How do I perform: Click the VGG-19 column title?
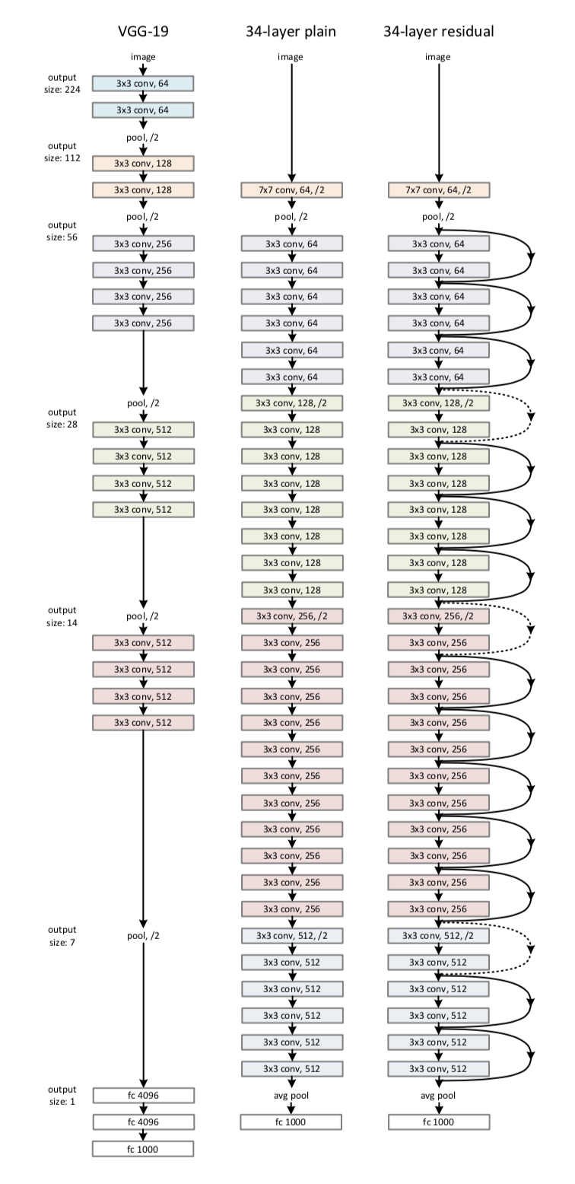tap(143, 32)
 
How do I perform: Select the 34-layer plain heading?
tap(291, 32)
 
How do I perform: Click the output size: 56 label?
tap(62, 231)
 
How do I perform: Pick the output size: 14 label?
tap(62, 616)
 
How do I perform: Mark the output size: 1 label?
tap(62, 1096)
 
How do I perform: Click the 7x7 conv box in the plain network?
tap(291, 190)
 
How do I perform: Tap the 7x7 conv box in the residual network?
tap(439, 190)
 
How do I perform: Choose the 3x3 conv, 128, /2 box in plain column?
tap(291, 403)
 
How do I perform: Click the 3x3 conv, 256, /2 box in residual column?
tap(439, 616)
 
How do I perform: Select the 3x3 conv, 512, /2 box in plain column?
tap(291, 935)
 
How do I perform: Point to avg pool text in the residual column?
tap(439, 1096)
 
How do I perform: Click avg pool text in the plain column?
tap(291, 1096)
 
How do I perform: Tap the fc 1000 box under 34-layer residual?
tap(439, 1122)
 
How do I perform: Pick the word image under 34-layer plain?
tap(291, 57)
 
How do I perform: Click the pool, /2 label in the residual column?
tap(439, 217)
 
